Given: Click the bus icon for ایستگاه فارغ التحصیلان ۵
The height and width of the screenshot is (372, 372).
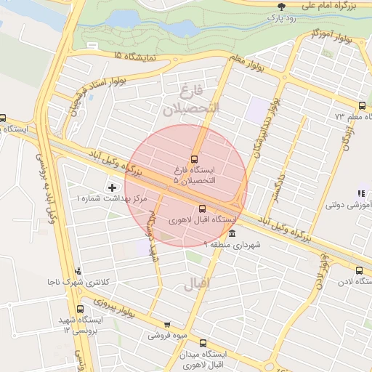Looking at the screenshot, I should pos(194,158).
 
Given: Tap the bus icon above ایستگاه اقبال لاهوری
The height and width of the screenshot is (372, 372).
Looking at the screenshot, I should pos(203,209).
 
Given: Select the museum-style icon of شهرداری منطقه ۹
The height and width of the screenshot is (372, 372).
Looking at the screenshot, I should pos(231,234).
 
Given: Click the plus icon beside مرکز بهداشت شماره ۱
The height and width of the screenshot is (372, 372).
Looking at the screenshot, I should pos(111,188).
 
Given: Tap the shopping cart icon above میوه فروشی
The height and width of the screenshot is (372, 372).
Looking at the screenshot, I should pos(167,325).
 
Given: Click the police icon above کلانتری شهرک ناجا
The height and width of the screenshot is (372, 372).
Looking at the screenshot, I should pos(78,271).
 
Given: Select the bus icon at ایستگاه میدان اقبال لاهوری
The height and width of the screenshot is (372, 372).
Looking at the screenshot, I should pos(202,342).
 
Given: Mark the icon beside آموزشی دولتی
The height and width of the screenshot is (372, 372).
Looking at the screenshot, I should pos(360,193).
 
